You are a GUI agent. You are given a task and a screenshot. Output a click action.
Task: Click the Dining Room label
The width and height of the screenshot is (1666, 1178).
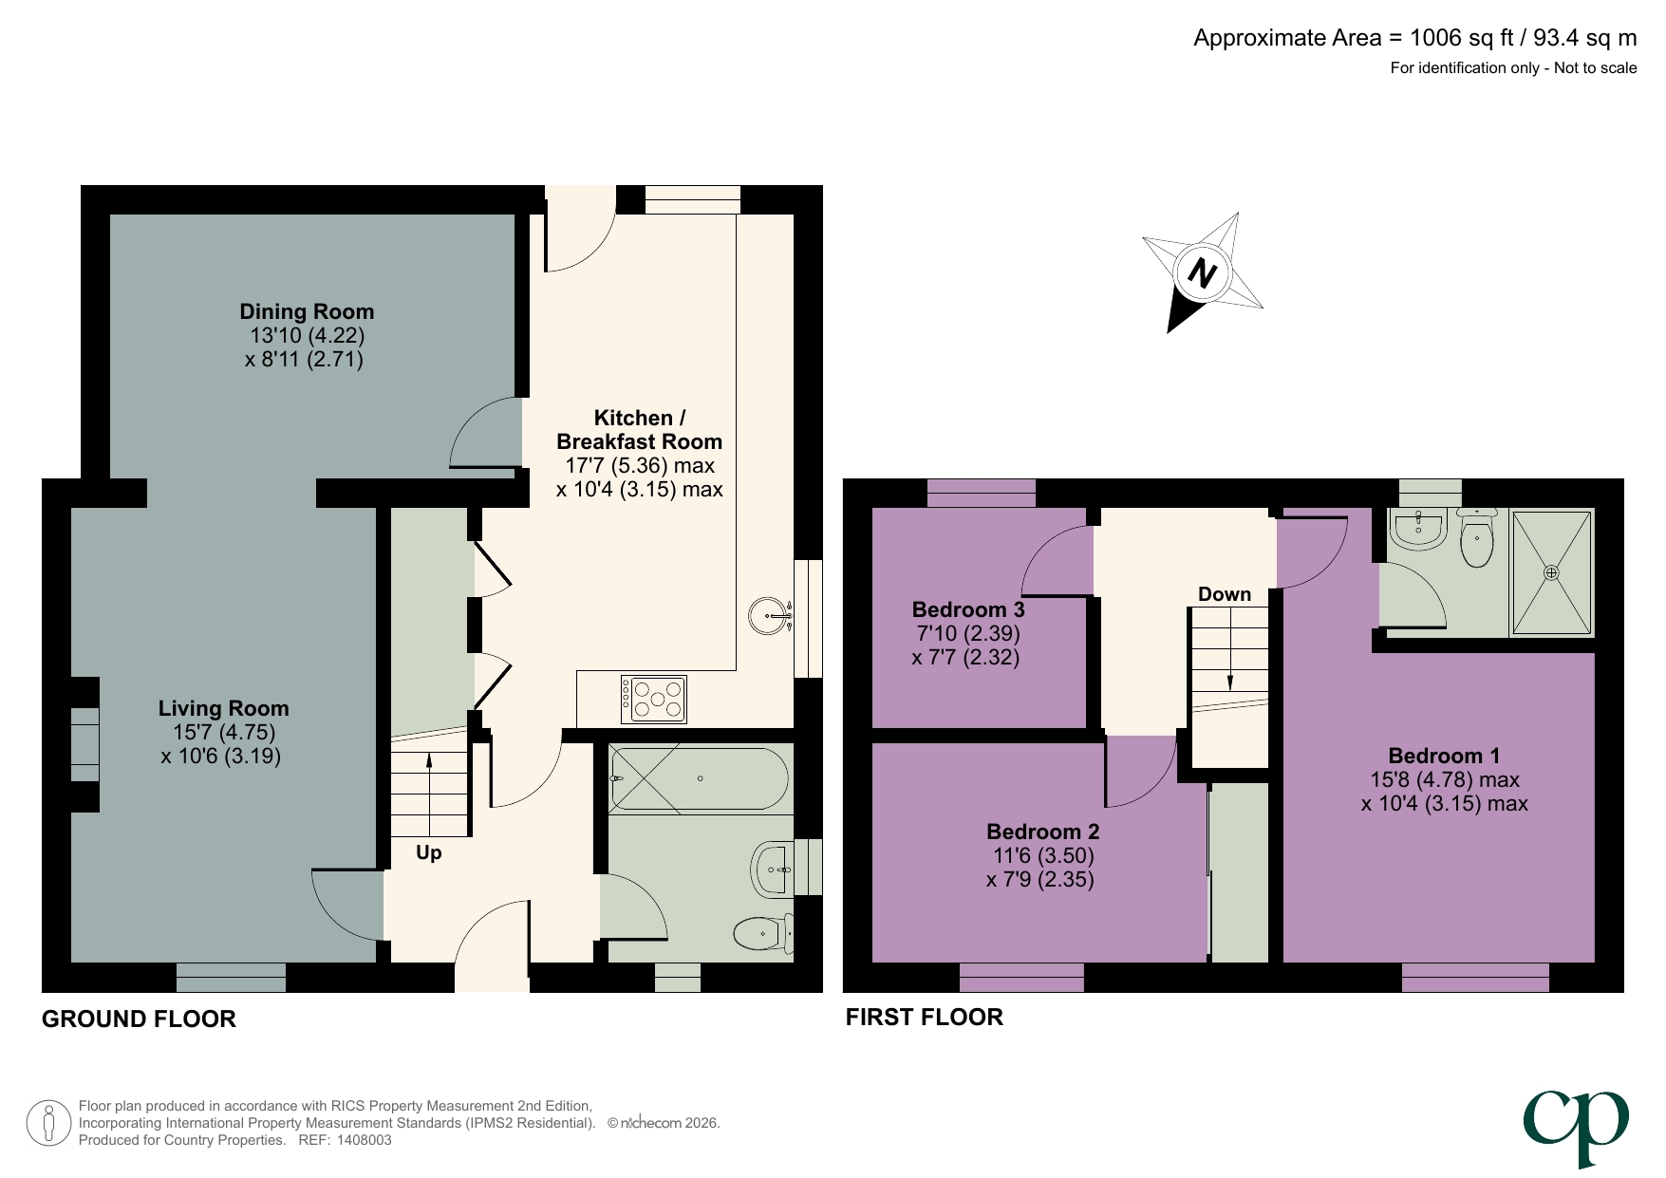[306, 312]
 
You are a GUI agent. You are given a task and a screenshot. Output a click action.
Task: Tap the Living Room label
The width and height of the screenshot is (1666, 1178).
[223, 709]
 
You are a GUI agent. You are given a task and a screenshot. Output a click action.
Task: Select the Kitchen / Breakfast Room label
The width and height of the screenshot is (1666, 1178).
[639, 430]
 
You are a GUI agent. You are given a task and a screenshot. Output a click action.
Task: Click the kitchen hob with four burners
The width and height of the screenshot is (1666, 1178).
[653, 700]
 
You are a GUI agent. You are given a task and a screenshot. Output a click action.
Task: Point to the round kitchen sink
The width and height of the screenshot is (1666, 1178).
[768, 616]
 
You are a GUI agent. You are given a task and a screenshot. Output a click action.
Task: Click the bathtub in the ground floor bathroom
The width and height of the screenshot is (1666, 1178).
[699, 779]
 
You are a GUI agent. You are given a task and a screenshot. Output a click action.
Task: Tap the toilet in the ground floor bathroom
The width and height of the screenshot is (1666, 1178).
[762, 932]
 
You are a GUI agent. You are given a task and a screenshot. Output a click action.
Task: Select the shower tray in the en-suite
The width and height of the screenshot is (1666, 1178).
[1550, 572]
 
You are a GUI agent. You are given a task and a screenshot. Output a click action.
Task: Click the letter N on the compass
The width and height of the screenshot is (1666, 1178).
[1202, 273]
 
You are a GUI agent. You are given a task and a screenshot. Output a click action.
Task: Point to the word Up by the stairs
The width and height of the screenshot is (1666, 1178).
[428, 852]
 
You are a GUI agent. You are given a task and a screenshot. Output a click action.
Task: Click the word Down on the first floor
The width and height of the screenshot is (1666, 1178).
[1224, 594]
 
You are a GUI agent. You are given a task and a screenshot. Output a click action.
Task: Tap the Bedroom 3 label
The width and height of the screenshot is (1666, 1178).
[967, 609]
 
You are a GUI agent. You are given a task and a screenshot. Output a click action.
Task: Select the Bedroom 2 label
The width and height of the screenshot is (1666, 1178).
[1042, 832]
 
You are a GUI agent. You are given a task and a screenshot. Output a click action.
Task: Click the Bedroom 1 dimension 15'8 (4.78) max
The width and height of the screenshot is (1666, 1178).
[1444, 780]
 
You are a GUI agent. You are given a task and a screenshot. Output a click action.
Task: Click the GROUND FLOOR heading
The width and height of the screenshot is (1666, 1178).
[139, 1019]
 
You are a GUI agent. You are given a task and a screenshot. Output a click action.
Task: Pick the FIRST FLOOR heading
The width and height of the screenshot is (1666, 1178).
[924, 1018]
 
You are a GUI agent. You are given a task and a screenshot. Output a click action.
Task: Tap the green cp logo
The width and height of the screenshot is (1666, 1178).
[1576, 1126]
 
